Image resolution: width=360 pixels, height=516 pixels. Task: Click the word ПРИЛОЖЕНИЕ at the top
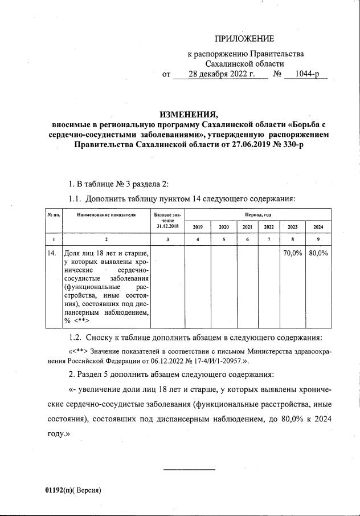244,39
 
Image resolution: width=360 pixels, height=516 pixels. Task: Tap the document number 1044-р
308,74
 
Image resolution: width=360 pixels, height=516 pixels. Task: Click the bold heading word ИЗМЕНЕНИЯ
190,112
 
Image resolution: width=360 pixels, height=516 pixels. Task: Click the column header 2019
198,227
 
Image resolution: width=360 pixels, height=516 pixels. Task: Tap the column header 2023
292,227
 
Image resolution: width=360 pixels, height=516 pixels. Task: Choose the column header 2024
318,227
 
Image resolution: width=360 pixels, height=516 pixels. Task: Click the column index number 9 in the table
318,239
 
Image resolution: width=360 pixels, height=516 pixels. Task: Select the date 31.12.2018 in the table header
167,226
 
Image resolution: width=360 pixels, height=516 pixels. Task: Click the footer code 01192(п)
60,490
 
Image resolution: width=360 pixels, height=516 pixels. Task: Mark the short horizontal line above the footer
190,470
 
